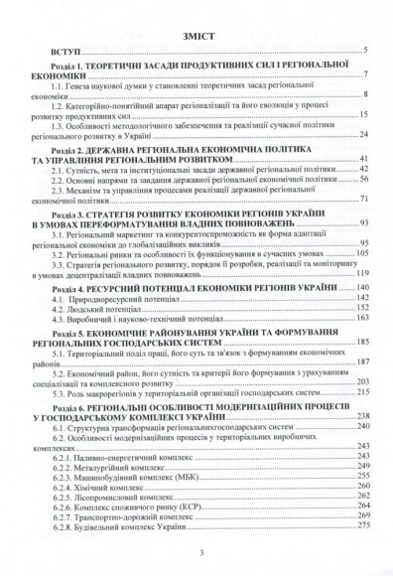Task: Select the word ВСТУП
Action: pos(58,50)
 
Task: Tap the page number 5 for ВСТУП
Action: pos(365,50)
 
